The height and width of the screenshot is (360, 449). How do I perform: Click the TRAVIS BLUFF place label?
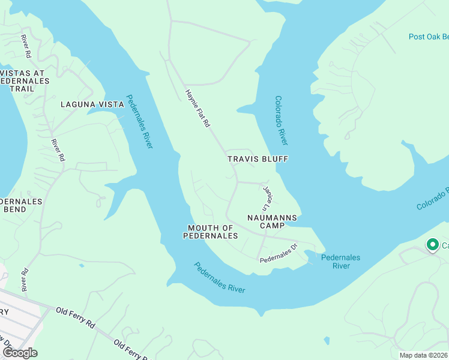coord(258,159)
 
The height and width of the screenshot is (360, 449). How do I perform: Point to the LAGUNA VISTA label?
coord(92,104)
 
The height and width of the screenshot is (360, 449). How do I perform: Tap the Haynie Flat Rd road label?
coord(196,108)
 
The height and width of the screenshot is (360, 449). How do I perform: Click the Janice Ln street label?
coord(268,197)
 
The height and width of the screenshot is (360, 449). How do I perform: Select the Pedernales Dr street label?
coord(279,254)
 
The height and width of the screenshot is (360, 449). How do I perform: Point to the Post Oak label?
coord(428,37)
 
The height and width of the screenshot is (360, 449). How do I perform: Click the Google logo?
coord(20,353)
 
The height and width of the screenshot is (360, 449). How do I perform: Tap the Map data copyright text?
coord(423,355)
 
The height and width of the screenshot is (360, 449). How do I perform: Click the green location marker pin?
coord(432,245)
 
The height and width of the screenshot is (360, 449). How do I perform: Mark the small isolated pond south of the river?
coord(326,340)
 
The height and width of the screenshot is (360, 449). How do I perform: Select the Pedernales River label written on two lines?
coord(340,261)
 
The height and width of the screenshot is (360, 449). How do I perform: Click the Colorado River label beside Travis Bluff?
coord(281,120)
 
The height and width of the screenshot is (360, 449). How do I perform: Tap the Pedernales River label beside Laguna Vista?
coord(140,121)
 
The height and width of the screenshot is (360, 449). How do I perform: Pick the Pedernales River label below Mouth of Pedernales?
coord(220,277)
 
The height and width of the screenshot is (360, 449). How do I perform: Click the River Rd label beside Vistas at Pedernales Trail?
coord(26,46)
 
